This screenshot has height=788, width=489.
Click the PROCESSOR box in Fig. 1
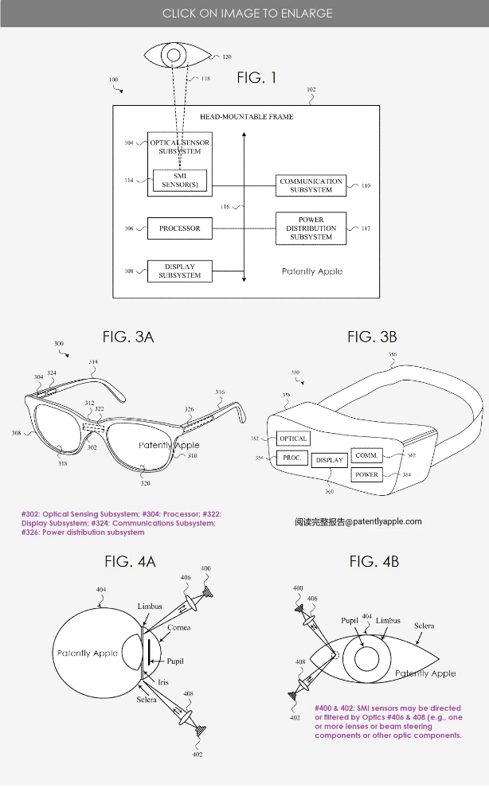click(179, 228)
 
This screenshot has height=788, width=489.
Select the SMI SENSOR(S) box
click(179, 180)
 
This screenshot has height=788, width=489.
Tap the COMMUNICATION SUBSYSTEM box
click(311, 185)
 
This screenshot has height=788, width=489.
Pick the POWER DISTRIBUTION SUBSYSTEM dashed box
click(311, 228)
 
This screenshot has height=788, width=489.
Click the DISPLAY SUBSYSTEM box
click(179, 271)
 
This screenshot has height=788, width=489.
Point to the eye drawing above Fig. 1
click(173, 56)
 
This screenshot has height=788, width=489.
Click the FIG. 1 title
click(256, 77)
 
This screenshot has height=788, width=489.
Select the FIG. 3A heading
click(127, 337)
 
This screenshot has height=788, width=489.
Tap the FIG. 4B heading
click(374, 562)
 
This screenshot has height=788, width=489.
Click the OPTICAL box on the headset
click(293, 439)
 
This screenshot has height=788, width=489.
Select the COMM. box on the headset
click(367, 455)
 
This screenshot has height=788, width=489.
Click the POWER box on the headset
click(367, 474)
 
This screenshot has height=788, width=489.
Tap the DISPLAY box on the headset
click(329, 460)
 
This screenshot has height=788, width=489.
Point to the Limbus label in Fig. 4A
click(149, 607)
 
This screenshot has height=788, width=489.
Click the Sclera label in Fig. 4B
click(424, 626)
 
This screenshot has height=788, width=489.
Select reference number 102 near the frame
click(311, 90)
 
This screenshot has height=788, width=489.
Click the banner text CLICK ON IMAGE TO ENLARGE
click(247, 13)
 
